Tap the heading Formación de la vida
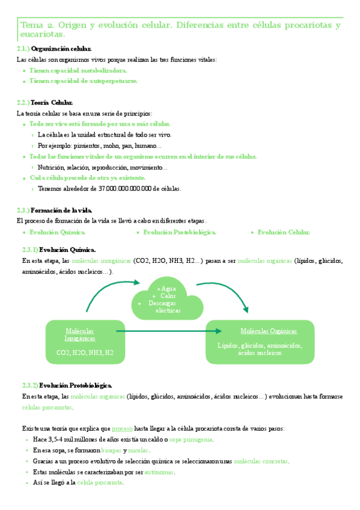[x=61, y=210]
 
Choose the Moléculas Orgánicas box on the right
[x=260, y=342]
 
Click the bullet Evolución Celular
[x=284, y=232]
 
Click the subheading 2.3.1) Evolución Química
[x=59, y=249]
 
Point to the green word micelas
[x=139, y=450]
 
